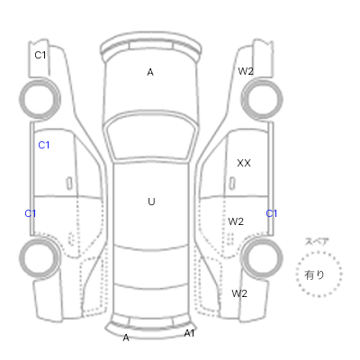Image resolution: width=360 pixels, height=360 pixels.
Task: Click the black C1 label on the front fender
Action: [40, 55]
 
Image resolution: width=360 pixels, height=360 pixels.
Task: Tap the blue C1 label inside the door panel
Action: [44, 145]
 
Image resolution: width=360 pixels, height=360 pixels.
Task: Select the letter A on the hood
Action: [150, 72]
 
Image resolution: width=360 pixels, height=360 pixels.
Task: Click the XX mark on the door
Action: [244, 163]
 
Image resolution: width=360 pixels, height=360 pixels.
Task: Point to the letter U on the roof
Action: [151, 202]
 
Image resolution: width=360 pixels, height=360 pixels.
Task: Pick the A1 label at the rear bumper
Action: [189, 333]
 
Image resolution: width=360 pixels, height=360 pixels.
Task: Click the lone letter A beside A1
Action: [126, 337]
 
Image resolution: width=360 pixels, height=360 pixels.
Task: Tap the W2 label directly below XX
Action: [236, 221]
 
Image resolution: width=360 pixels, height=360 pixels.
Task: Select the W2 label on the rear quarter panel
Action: [239, 293]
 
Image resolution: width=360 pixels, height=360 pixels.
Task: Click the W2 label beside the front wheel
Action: [246, 71]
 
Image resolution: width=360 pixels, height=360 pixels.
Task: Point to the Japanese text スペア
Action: [317, 241]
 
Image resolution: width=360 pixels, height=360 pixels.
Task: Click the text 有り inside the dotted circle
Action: [314, 274]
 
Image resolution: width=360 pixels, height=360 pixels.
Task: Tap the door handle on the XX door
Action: [232, 184]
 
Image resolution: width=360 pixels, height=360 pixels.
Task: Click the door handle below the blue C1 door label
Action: [69, 184]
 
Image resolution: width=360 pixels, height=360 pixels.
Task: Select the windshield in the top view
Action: [151, 137]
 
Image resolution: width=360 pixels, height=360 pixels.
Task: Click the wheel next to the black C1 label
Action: [40, 99]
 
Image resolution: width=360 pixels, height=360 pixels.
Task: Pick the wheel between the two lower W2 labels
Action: [262, 257]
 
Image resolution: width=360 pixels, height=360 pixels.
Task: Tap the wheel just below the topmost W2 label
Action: [262, 99]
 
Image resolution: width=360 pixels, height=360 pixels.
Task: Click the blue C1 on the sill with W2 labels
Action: [272, 213]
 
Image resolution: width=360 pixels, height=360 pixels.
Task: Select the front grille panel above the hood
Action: [151, 46]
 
